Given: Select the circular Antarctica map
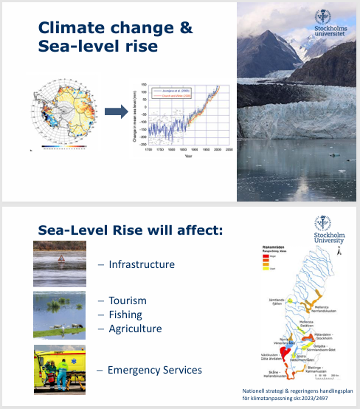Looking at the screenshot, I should pyautogui.click(x=65, y=112).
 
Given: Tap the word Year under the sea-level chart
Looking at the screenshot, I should pyautogui.click(x=188, y=156).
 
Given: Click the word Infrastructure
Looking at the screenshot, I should pyautogui.click(x=141, y=264).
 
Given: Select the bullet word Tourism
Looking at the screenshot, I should pyautogui.click(x=127, y=300).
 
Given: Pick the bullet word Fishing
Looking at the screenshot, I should pyautogui.click(x=125, y=315).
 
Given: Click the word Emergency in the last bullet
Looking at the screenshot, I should pyautogui.click(x=135, y=369).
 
